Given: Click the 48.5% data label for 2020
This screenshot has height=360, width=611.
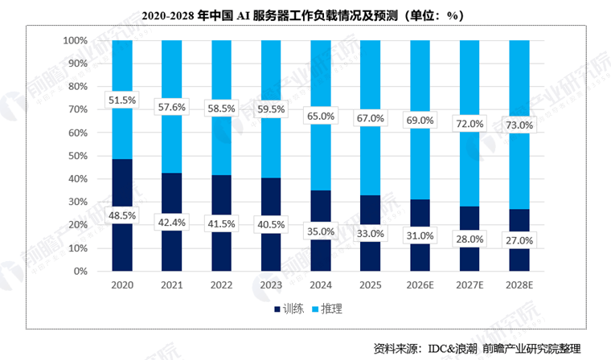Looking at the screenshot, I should [x=122, y=215].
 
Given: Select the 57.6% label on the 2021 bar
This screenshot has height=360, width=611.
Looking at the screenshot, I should [x=171, y=106].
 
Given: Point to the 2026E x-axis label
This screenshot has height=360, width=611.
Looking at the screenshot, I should [x=420, y=284].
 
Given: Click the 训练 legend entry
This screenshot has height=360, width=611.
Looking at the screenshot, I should [x=288, y=309].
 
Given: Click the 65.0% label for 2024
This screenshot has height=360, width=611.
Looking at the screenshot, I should [x=321, y=116].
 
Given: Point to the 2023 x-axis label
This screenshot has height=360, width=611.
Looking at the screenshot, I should [x=271, y=284].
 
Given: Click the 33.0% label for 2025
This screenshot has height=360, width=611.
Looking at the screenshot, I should [x=371, y=233].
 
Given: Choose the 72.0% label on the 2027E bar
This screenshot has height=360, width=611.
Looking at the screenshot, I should [x=470, y=124].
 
